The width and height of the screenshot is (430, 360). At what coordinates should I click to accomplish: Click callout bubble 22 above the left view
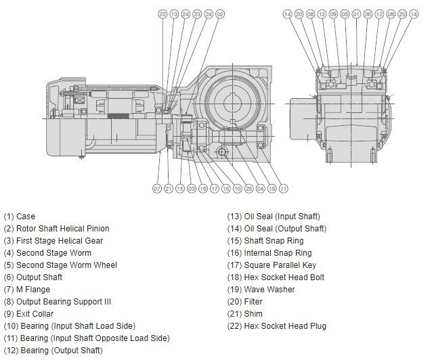pos(163,14)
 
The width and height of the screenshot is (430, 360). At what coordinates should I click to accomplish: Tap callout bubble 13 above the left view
pos(174,14)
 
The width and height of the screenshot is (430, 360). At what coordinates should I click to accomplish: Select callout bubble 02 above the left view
pos(220,14)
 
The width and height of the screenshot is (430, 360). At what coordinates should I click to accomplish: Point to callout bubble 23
pos(197,14)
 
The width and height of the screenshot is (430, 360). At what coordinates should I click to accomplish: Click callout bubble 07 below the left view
pos(157,188)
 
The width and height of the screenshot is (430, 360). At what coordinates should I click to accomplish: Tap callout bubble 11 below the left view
pos(284,188)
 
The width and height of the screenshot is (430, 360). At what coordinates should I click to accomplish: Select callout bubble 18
pos(203,188)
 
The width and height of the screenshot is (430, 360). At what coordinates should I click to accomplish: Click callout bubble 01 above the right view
pos(356,14)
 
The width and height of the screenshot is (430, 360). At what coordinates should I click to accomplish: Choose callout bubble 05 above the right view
pos(345,14)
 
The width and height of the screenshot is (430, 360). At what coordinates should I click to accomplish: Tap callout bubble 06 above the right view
pos(368,14)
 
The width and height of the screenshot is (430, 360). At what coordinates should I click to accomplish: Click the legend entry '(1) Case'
pos(20,217)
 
